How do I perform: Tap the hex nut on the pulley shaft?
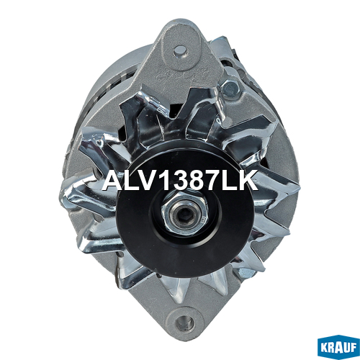(x=184, y=215)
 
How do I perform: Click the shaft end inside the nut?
(x=184, y=215)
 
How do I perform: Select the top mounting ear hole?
(x=180, y=50)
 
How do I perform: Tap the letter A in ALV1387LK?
(x=114, y=180)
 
